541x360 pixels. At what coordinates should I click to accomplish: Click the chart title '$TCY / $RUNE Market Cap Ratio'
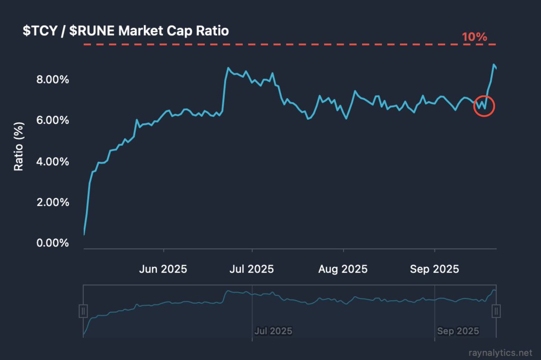click(126, 31)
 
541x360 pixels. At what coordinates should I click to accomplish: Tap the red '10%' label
click(474, 37)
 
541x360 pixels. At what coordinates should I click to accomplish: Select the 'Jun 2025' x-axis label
click(163, 269)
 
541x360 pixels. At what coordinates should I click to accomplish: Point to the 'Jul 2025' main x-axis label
click(251, 269)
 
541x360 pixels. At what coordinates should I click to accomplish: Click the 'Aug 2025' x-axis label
click(343, 269)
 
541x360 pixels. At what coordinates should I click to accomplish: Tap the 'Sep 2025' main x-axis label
click(434, 269)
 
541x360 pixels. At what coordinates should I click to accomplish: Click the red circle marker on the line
click(484, 106)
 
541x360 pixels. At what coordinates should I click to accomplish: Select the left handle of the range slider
click(83, 311)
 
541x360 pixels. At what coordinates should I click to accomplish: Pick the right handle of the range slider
click(496, 311)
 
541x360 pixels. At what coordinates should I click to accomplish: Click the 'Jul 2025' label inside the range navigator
click(273, 331)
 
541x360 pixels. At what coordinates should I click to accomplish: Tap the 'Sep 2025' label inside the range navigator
click(458, 331)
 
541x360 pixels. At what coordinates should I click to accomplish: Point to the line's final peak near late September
click(494, 65)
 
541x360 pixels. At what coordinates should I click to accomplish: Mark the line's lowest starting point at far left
click(84, 234)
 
